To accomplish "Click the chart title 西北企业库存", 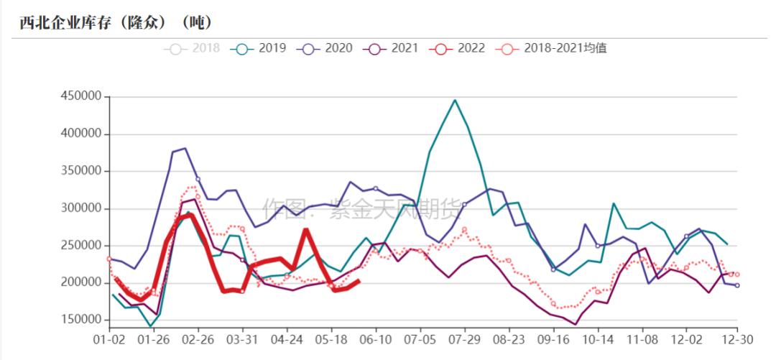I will [115, 22].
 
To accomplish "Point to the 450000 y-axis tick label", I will [81, 97].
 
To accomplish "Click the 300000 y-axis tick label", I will [81, 208].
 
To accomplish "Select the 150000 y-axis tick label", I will [81, 320].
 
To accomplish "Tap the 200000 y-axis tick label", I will [81, 282].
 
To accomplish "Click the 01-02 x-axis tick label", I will [109, 338].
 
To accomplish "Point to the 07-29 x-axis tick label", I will [465, 338].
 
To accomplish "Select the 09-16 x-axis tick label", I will [553, 338].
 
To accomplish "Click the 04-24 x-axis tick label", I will [287, 338].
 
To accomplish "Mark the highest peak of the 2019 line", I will [455, 100].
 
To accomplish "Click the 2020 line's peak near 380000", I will [185, 148].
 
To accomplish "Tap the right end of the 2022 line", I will [359, 281].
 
